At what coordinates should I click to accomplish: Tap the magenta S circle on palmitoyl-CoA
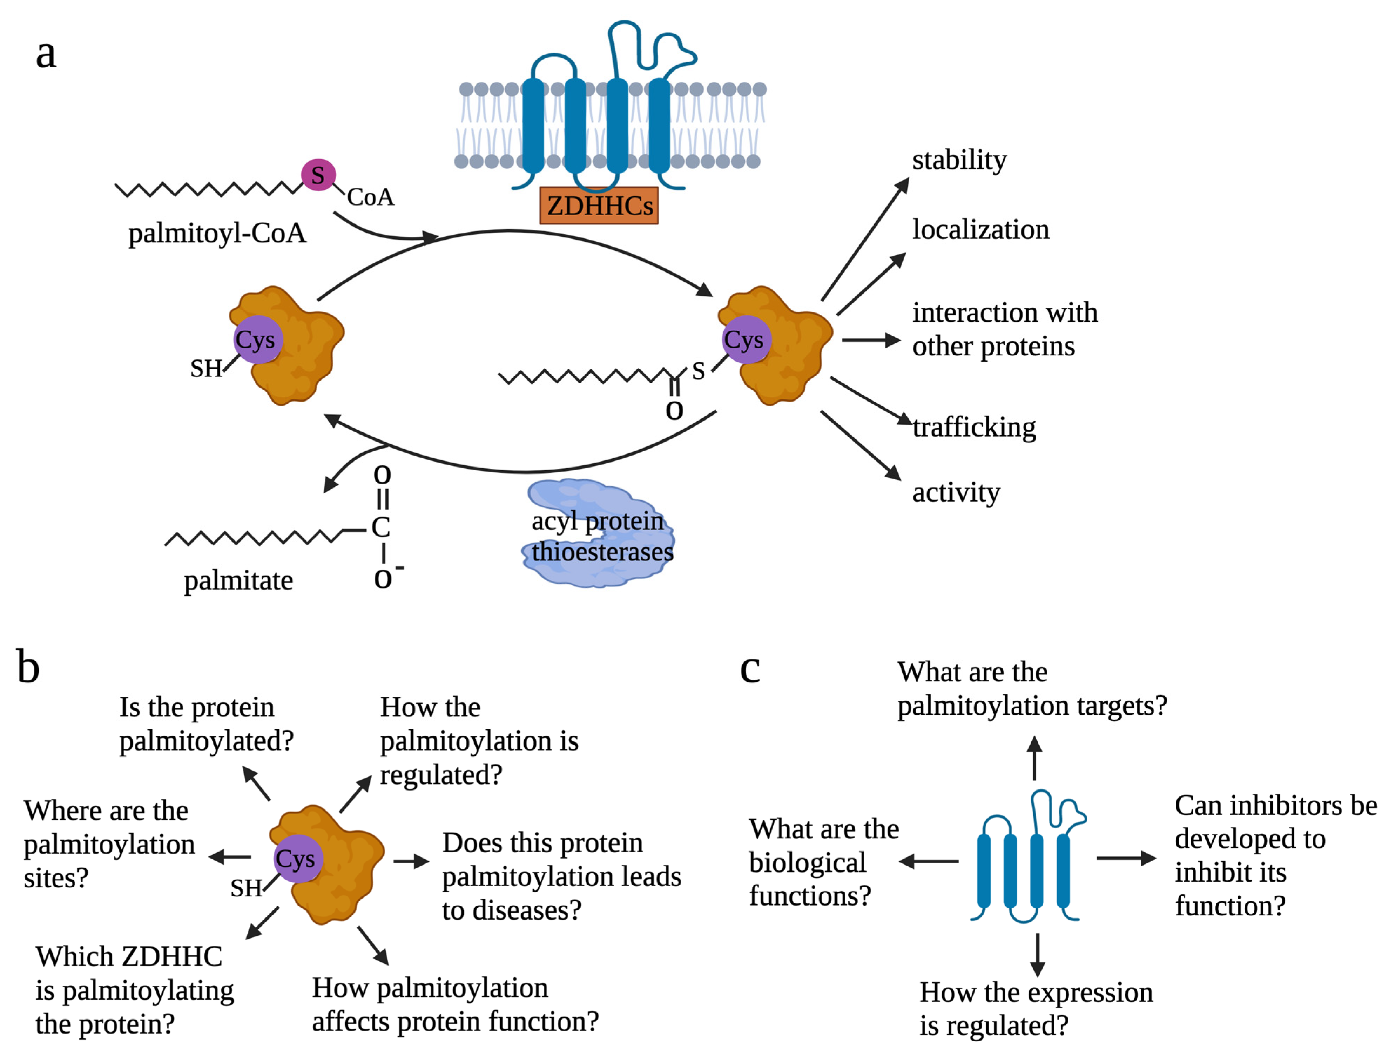318,175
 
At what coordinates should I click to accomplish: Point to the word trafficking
974,428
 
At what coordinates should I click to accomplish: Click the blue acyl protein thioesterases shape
598,533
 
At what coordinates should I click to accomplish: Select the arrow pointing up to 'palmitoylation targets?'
1034,758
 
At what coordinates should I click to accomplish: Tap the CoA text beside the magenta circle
370,197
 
